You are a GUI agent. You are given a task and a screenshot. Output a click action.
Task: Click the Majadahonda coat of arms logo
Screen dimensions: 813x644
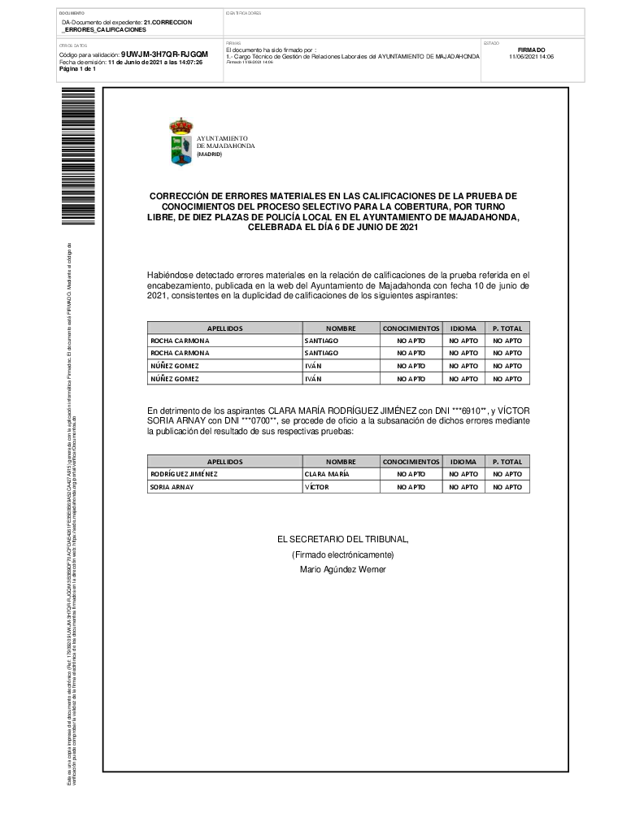181,142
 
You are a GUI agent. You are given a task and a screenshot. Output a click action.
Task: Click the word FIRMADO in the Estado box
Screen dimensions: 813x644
531,50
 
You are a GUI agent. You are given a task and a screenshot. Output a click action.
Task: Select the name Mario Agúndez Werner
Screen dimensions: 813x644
342,570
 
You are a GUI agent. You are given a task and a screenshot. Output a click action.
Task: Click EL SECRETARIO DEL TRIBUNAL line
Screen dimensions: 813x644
342,539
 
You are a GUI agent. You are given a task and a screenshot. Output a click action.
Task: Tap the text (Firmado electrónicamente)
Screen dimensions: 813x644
342,554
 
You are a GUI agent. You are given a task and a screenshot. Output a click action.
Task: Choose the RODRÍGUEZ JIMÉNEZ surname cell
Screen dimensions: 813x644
185,474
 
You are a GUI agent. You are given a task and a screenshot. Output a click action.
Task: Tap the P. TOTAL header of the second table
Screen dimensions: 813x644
507,461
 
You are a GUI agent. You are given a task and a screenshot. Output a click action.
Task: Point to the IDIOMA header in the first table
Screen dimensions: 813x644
463,328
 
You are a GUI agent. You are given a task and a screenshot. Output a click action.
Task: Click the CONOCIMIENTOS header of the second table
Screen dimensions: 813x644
411,461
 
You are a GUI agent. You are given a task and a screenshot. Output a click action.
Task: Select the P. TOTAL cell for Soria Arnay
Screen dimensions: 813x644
507,487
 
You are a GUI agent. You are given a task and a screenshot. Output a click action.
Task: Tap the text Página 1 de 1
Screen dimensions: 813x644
78,69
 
